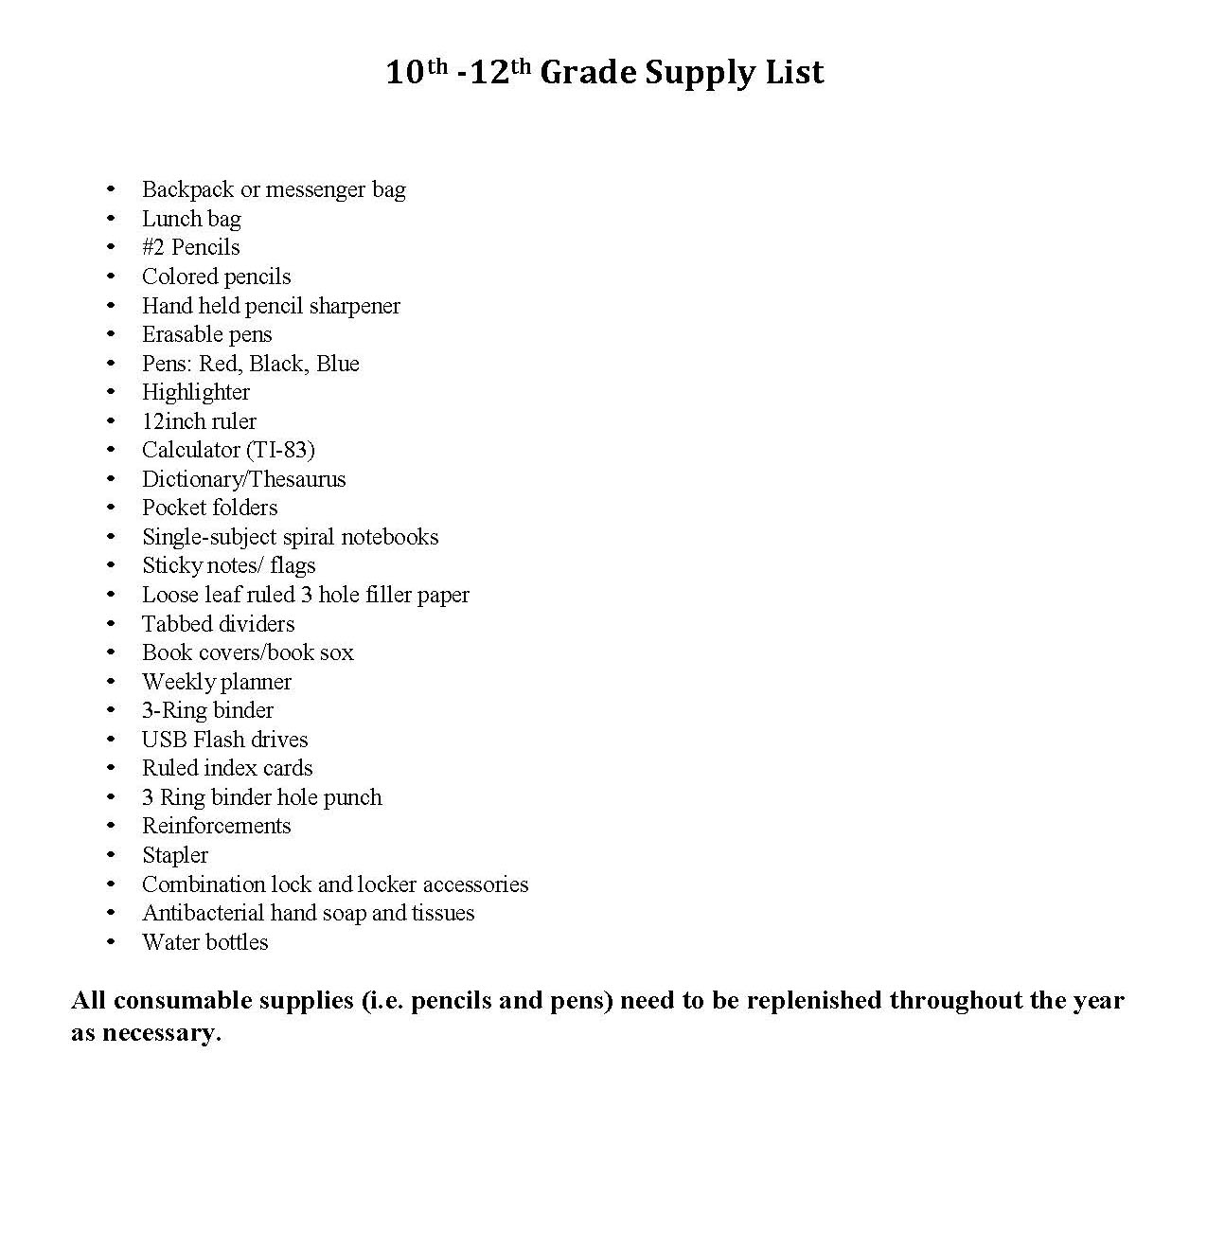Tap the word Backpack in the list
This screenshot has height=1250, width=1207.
click(x=187, y=189)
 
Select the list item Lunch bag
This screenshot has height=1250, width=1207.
click(x=191, y=219)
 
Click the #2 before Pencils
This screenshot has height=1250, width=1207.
click(x=153, y=247)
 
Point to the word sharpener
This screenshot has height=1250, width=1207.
click(x=354, y=306)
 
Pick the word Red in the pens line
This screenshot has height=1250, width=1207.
click(x=218, y=364)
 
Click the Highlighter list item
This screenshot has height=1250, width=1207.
click(x=196, y=392)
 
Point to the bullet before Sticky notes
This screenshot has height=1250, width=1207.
click(x=111, y=565)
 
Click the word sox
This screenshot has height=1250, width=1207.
click(x=336, y=652)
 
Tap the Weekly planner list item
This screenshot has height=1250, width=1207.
click(x=217, y=682)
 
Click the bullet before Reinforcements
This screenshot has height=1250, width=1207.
click(x=111, y=826)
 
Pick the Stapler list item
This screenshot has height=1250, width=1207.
click(x=175, y=855)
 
